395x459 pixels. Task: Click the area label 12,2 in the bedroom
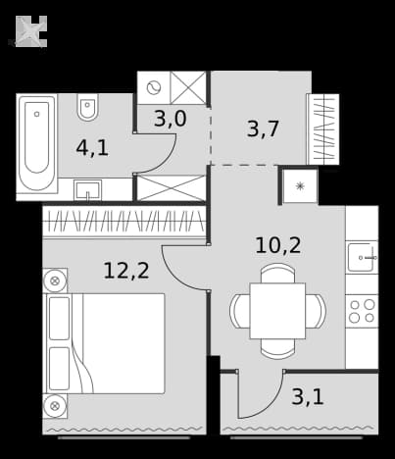tap(126, 271)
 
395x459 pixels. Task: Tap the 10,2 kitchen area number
tap(278, 245)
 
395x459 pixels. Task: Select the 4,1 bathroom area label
tap(92, 148)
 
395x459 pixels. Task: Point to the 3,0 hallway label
tap(171, 119)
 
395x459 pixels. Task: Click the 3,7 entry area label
tap(263, 128)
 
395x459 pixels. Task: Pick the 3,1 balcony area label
tap(308, 397)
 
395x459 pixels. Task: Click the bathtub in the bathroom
tap(37, 144)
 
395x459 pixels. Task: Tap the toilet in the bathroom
tap(87, 107)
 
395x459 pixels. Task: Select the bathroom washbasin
tap(87, 190)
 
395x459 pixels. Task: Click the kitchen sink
tap(362, 257)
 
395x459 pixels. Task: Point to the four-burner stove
tap(362, 311)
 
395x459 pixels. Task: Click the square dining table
tap(277, 311)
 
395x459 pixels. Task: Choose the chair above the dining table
tap(277, 273)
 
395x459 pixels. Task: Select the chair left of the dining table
tap(240, 311)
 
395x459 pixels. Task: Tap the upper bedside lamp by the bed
tap(55, 280)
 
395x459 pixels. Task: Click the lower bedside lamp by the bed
tap(55, 406)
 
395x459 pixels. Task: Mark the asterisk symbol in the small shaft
tap(300, 186)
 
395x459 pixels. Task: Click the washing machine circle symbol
tap(154, 87)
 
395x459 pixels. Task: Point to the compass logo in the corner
tap(31, 31)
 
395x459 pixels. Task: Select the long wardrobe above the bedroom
tap(124, 222)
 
